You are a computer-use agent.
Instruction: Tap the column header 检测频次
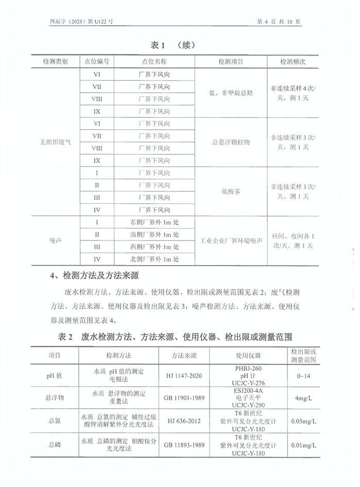(x=293, y=62)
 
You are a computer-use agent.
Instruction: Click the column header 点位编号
(x=96, y=62)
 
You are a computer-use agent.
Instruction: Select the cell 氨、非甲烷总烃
(x=230, y=93)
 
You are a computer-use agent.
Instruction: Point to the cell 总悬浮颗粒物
(x=230, y=142)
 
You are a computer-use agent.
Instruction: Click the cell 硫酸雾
(x=230, y=191)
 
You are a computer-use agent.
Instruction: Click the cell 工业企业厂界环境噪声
(x=230, y=240)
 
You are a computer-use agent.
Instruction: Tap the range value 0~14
(x=303, y=376)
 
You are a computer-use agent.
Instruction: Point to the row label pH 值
(x=54, y=376)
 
